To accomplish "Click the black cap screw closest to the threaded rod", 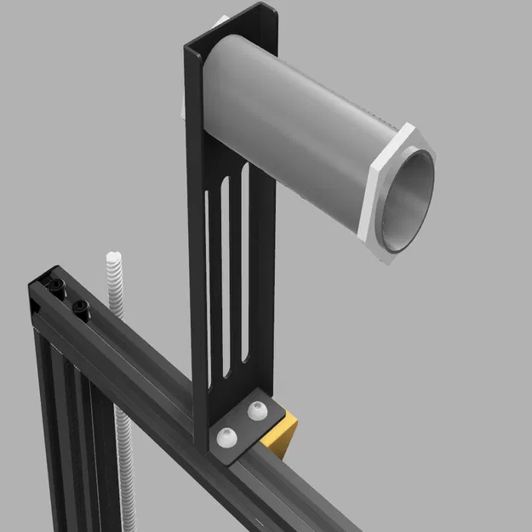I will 82,307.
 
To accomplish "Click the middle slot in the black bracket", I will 226,272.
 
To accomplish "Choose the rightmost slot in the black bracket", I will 244,255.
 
